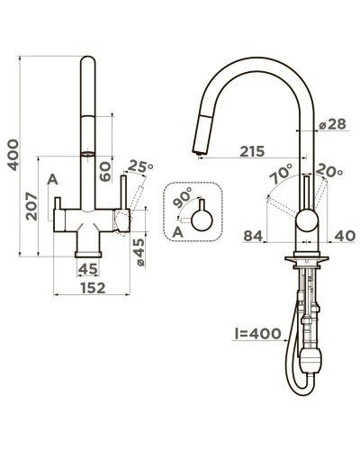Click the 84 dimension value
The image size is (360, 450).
(254, 236)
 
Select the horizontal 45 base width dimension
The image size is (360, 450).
(87, 268)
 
